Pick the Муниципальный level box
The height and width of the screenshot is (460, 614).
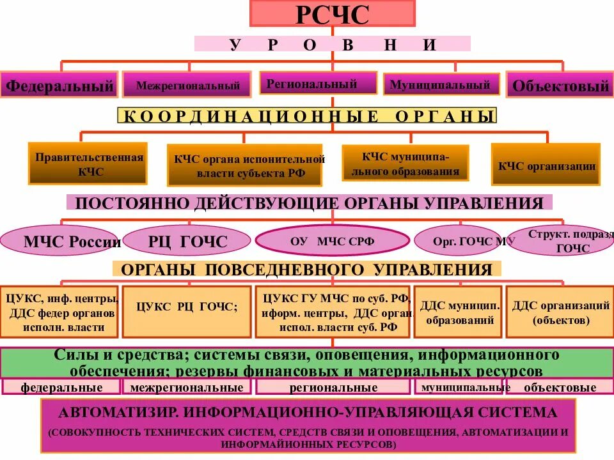click(x=440, y=84)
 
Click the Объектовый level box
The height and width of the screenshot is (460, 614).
click(x=559, y=85)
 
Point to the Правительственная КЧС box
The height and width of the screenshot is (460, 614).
click(x=88, y=164)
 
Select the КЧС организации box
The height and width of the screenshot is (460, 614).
click(x=546, y=165)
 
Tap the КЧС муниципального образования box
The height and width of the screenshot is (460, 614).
click(x=405, y=163)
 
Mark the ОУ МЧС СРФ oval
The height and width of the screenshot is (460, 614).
click(x=332, y=241)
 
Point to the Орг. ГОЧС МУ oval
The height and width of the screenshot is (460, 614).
click(x=457, y=241)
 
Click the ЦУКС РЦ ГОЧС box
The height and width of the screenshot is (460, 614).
click(x=186, y=311)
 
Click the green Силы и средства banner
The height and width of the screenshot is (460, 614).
click(x=307, y=362)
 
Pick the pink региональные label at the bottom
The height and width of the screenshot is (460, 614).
click(x=333, y=387)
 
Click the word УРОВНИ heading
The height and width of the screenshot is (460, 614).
click(x=332, y=44)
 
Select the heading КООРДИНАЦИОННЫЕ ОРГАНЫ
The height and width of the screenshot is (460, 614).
click(x=307, y=116)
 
